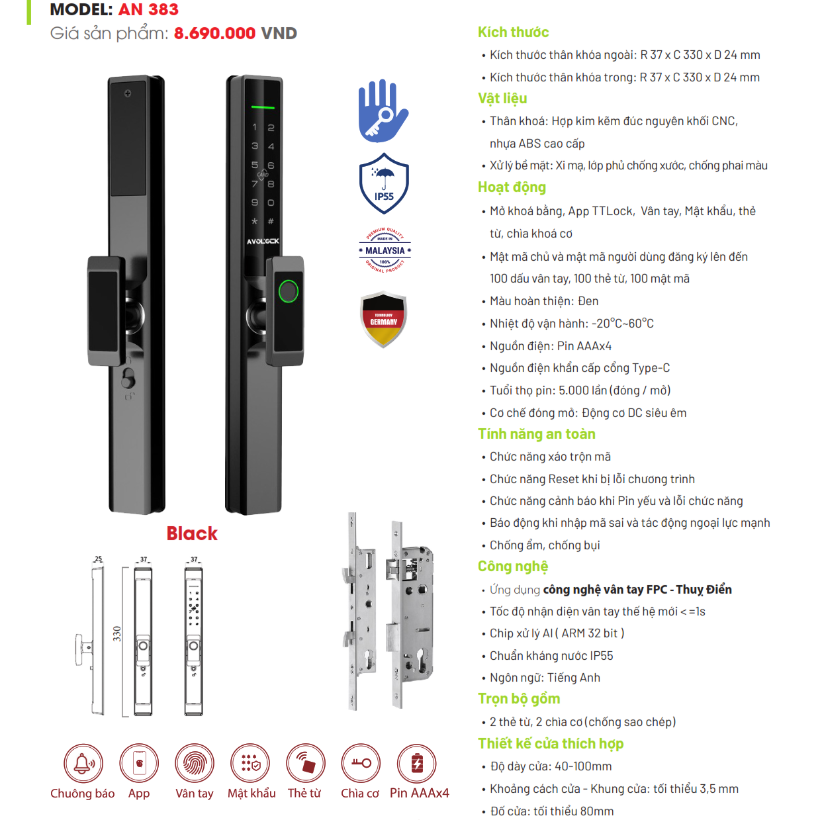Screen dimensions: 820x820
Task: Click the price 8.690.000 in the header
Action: click(x=214, y=34)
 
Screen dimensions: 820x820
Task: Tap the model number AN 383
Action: click(x=148, y=10)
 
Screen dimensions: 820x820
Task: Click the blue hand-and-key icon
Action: click(x=383, y=111)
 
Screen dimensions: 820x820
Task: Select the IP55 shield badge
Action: click(x=384, y=183)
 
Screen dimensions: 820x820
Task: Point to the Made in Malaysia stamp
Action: click(x=385, y=250)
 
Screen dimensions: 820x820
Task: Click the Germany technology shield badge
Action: click(x=384, y=320)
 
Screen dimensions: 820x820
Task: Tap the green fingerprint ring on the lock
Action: click(x=289, y=291)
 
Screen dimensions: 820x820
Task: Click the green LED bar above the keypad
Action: click(x=263, y=107)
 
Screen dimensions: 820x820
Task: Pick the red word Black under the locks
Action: click(x=192, y=533)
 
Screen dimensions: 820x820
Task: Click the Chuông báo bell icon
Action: click(x=83, y=763)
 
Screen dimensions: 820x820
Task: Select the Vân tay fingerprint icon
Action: click(x=195, y=763)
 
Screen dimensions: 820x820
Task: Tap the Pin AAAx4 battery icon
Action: click(x=417, y=763)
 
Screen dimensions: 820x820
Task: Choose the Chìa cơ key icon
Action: click(x=361, y=763)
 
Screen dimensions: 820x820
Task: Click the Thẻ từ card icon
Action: click(x=306, y=763)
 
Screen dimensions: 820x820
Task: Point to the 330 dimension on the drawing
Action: click(x=117, y=633)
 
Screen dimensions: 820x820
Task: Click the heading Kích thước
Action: click(x=513, y=32)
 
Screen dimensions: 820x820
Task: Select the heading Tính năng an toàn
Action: click(x=536, y=434)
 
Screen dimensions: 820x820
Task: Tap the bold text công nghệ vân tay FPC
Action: click(x=605, y=590)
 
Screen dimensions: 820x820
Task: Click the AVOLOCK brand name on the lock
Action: click(x=263, y=242)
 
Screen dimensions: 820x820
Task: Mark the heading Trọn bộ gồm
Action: click(x=519, y=699)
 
